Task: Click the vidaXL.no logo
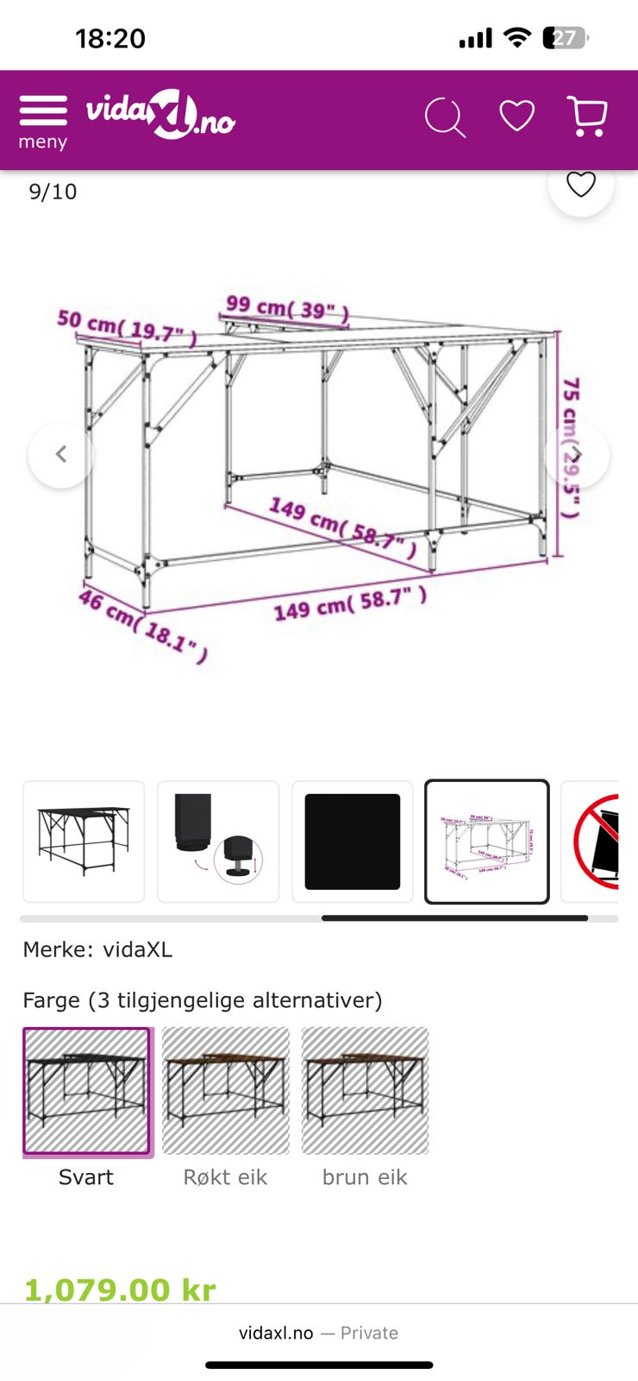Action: (x=160, y=116)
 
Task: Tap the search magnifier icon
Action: (x=445, y=117)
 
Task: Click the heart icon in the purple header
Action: (x=516, y=116)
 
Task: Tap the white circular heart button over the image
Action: (x=580, y=185)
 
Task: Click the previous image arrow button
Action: (x=61, y=455)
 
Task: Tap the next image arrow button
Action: (x=577, y=455)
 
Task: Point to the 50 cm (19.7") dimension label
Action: (x=126, y=327)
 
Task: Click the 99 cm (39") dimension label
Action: (x=287, y=308)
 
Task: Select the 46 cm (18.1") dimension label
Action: (x=143, y=625)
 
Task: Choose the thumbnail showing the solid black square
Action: (x=353, y=842)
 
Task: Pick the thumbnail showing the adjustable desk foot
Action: (x=218, y=842)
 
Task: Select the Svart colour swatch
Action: (x=86, y=1091)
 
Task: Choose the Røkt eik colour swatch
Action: (x=226, y=1091)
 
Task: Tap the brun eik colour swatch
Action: (x=365, y=1091)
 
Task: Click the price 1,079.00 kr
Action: (x=120, y=1290)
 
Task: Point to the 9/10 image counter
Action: (x=53, y=192)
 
